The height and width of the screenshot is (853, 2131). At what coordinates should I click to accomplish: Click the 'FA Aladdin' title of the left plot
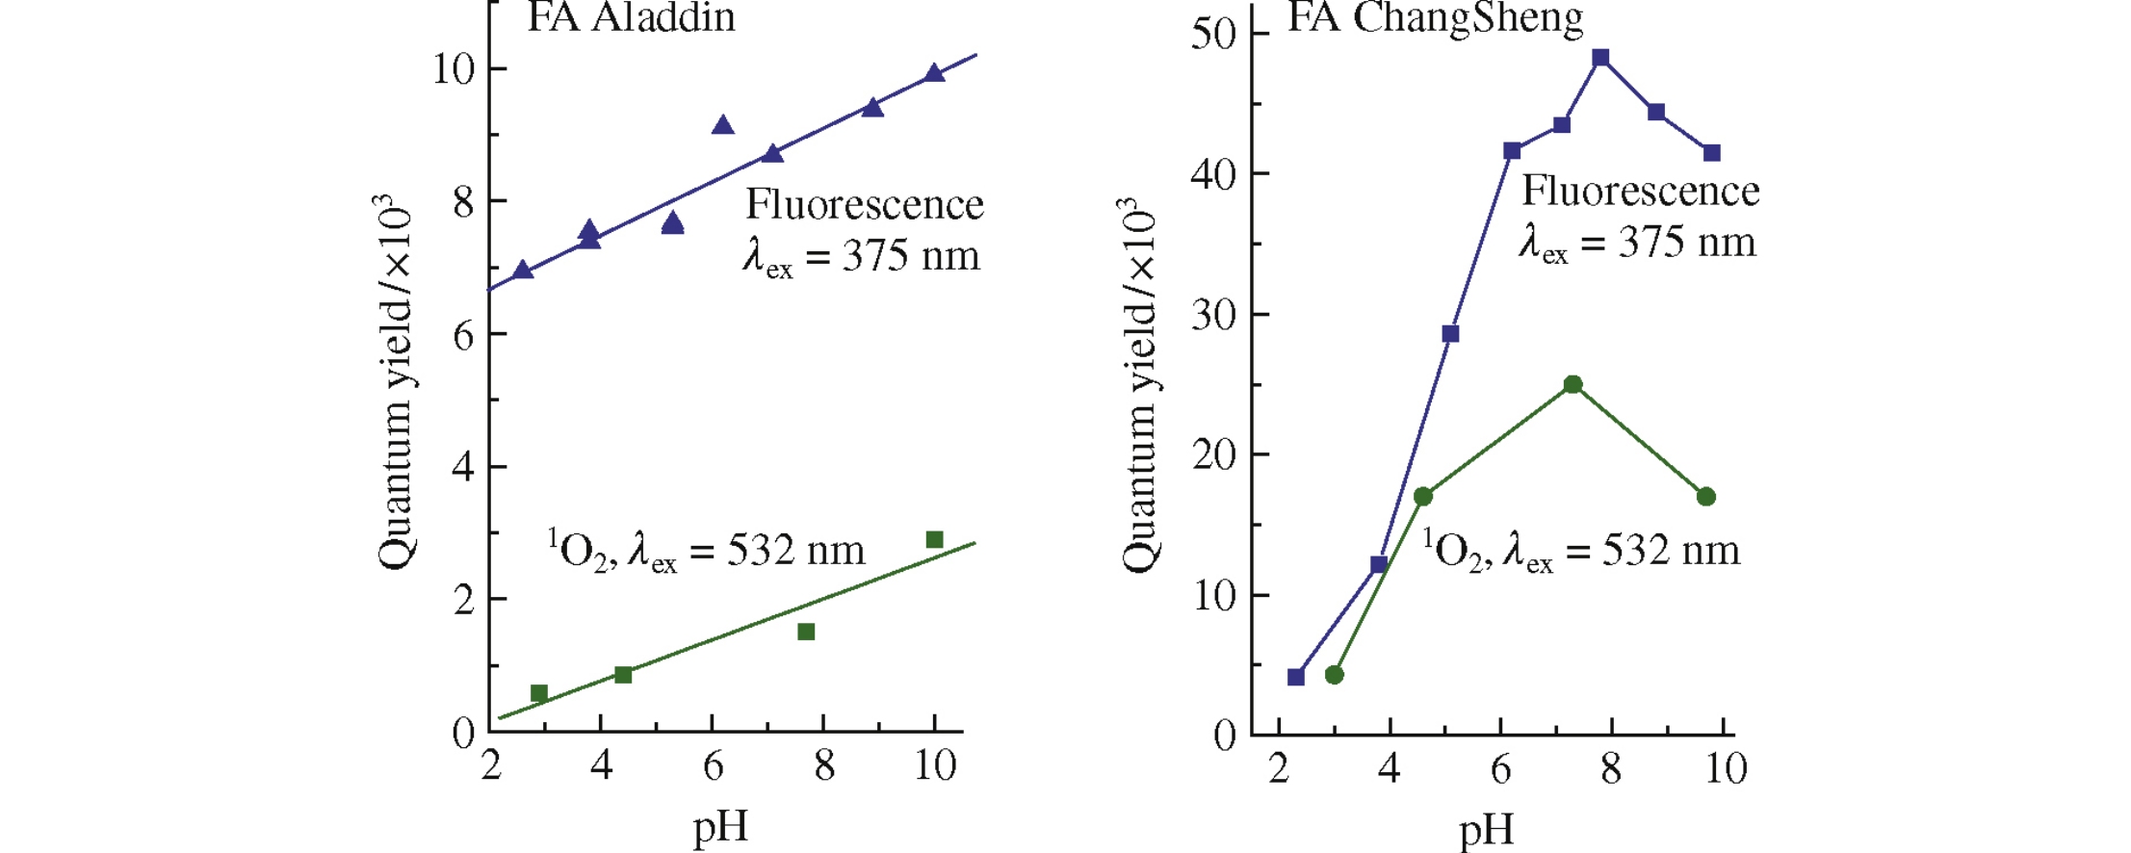pos(631,17)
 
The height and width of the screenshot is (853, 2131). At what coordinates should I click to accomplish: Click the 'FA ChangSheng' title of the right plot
pos(1435,17)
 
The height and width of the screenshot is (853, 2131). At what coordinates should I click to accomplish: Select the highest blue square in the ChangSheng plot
pos(1600,58)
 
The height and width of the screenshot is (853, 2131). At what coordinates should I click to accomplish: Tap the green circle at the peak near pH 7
pos(1572,385)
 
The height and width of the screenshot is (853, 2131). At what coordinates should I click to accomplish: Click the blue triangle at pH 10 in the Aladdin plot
pos(934,73)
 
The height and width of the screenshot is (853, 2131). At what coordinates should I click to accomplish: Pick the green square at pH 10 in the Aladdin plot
pos(934,539)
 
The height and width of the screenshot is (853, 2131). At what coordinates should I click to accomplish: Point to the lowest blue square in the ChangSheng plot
pos(1296,677)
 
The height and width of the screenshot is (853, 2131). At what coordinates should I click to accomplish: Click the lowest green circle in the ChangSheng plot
pos(1334,675)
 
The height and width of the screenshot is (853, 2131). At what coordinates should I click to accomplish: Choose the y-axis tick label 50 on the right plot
pos(1213,34)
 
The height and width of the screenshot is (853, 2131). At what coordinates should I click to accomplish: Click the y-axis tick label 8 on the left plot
pos(463,202)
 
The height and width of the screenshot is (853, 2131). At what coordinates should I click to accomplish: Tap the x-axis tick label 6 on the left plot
pos(713,766)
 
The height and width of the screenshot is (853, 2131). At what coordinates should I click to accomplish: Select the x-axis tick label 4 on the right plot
pos(1389,768)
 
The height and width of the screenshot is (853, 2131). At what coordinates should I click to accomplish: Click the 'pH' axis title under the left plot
pos(720,827)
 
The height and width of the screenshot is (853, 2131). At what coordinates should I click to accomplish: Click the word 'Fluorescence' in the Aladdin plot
pos(865,205)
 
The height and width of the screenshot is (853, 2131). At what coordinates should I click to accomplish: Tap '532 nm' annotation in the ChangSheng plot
pos(1671,551)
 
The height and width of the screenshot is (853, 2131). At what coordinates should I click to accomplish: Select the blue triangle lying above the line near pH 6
pos(722,125)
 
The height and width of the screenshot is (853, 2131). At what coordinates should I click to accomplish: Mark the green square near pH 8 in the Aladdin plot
pos(806,632)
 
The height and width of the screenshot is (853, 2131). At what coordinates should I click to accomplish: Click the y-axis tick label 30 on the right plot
pos(1213,315)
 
